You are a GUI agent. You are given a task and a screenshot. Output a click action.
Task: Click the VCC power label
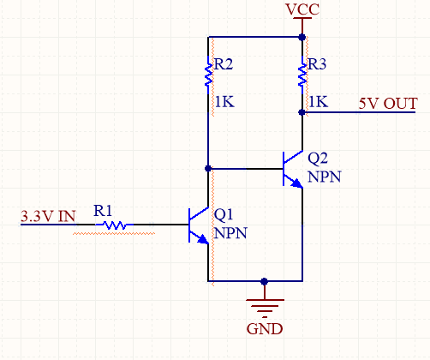tap(303, 9)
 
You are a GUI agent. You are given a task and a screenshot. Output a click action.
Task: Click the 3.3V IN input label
tap(46, 217)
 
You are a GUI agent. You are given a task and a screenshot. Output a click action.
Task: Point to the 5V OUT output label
tap(388, 104)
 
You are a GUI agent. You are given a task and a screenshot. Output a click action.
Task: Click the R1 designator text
tap(103, 210)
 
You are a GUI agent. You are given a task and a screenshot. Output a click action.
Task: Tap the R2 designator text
tap(224, 64)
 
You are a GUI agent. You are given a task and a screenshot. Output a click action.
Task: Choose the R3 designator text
tap(317, 64)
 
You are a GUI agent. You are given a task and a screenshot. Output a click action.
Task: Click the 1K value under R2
tap(224, 102)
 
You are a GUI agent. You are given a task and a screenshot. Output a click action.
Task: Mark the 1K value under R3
tap(317, 102)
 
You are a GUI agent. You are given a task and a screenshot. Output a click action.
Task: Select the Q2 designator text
tap(317, 159)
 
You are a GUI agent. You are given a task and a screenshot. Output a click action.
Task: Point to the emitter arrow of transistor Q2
tap(296, 183)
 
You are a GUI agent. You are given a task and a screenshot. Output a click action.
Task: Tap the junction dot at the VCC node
tap(302, 37)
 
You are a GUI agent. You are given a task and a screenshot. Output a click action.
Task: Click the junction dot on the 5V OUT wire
tap(302, 111)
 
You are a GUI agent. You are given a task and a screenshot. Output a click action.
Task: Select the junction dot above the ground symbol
tap(264, 280)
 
